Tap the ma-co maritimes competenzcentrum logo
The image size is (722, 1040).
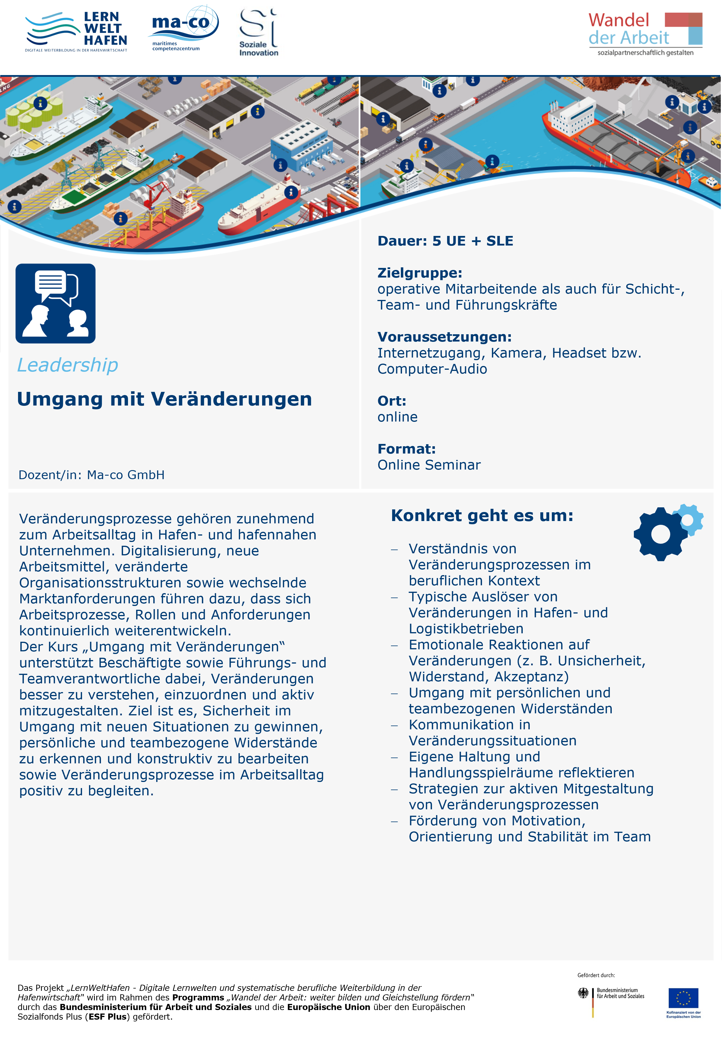coord(183,28)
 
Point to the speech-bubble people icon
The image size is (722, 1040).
coord(55,303)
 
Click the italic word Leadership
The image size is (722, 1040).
coord(67,365)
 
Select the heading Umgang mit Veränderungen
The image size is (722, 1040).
coord(164,399)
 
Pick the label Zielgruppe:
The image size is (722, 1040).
coord(419,273)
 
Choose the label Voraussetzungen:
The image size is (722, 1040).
coord(444,337)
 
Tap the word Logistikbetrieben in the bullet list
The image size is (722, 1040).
coord(466,628)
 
